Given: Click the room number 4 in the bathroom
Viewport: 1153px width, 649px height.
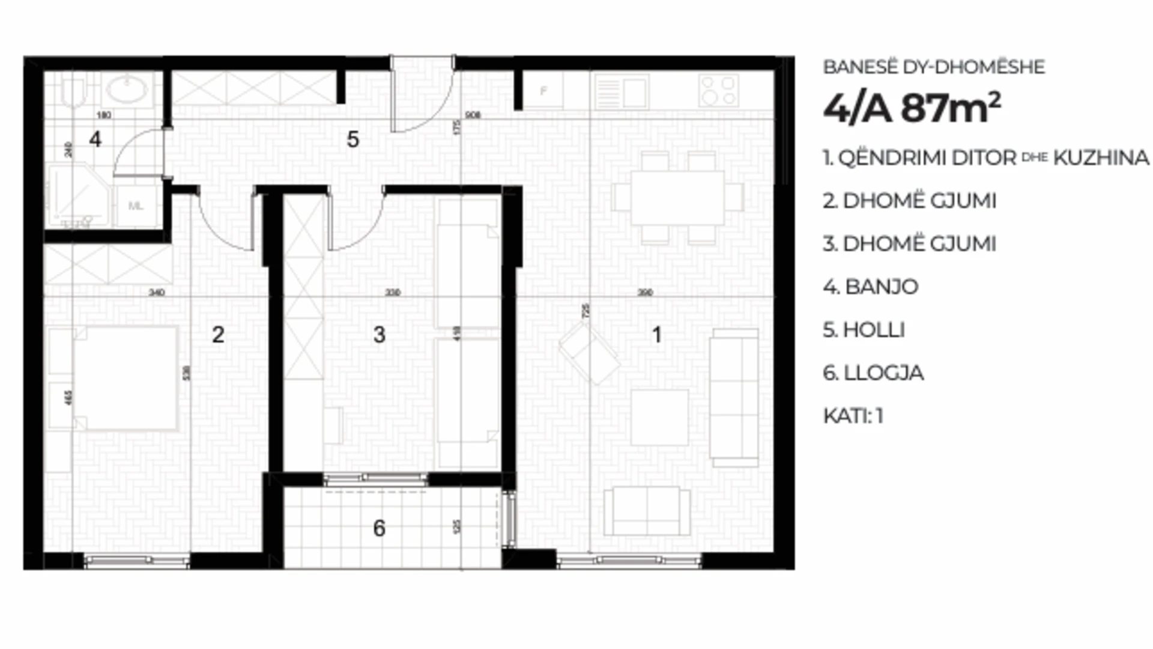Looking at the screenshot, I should tap(95, 139).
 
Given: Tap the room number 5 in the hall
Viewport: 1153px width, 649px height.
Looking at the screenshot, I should tap(353, 139).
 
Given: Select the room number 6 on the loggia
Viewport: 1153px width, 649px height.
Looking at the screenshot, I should tap(379, 528).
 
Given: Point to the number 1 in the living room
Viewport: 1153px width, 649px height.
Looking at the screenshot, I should tap(657, 335).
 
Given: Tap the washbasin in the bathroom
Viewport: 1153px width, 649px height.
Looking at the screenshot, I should tap(126, 91).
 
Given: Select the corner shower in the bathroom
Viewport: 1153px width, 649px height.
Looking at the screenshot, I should tap(78, 195).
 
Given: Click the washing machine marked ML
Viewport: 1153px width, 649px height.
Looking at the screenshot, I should tap(136, 206).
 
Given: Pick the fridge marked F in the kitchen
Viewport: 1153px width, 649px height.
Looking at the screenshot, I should tap(543, 91).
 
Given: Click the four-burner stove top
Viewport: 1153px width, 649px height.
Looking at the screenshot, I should tap(718, 91).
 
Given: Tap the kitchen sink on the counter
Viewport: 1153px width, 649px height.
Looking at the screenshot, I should tap(622, 92).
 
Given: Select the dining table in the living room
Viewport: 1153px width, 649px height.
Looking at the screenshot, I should tap(677, 198).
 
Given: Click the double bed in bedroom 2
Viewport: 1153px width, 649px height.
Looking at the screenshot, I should tap(125, 378).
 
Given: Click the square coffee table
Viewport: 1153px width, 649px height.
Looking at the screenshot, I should tap(659, 417).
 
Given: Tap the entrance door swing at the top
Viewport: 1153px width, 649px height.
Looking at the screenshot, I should tap(420, 96).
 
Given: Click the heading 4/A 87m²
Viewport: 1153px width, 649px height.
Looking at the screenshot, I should tap(912, 109).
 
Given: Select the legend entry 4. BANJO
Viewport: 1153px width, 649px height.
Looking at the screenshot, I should tap(870, 287).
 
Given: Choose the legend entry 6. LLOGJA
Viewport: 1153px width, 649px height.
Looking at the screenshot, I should tap(873, 373).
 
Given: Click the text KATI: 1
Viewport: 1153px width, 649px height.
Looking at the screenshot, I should tap(853, 416).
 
